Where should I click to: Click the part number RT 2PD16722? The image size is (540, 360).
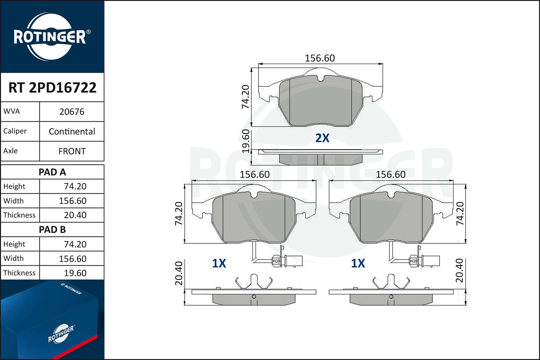pyautogui.click(x=52, y=87)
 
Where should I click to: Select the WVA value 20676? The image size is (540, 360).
pyautogui.click(x=72, y=112)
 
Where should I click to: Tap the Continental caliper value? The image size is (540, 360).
pyautogui.click(x=72, y=131)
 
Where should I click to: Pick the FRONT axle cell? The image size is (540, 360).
pyautogui.click(x=72, y=151)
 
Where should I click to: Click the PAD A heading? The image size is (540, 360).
pyautogui.click(x=52, y=172)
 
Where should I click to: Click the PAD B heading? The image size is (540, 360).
pyautogui.click(x=52, y=230)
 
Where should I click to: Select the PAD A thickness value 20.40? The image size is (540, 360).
pyautogui.click(x=75, y=215)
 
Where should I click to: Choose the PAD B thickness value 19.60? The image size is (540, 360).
pyautogui.click(x=75, y=273)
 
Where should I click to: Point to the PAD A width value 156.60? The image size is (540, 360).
pyautogui.click(x=73, y=201)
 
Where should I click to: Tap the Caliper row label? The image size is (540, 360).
pyautogui.click(x=15, y=131)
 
